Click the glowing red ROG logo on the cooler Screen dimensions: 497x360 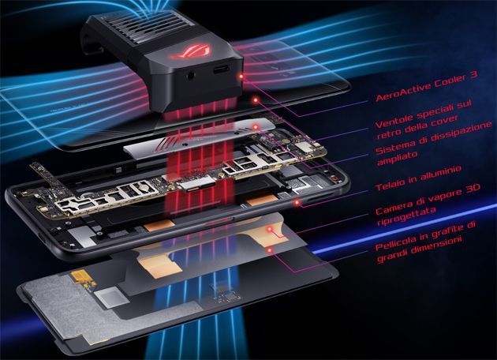tap(190, 51)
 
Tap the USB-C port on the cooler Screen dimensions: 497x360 tap(221, 69)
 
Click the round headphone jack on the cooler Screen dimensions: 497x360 tap(191, 76)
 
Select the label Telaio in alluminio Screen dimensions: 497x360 tap(418, 178)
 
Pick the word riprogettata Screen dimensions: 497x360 tap(406, 217)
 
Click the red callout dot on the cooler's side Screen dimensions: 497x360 tap(241, 77)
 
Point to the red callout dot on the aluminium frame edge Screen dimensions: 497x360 tap(297, 202)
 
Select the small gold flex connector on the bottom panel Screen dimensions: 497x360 tap(83, 279)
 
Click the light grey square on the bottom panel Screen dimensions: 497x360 tap(107, 298)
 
